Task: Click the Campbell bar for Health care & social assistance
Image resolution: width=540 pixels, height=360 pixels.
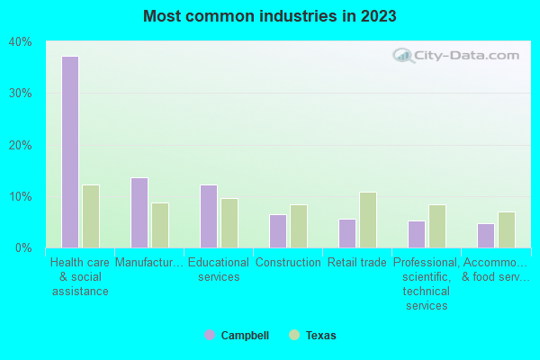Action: click(x=70, y=152)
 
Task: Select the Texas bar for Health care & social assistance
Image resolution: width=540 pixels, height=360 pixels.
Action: click(x=91, y=216)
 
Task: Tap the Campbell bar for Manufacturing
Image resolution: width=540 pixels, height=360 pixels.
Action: click(x=139, y=212)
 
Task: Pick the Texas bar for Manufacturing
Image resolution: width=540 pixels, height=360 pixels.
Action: click(x=160, y=225)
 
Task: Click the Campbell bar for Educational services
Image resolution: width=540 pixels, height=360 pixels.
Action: click(x=209, y=216)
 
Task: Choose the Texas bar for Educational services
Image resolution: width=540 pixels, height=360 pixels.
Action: click(x=229, y=223)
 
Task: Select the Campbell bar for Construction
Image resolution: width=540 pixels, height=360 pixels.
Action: click(x=278, y=231)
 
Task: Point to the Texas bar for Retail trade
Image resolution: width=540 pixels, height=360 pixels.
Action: click(x=368, y=220)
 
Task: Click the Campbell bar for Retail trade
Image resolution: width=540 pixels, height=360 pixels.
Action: click(x=347, y=233)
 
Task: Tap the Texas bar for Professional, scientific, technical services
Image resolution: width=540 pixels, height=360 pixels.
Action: click(x=437, y=226)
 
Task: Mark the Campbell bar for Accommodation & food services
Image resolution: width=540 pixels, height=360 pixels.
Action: click(x=486, y=236)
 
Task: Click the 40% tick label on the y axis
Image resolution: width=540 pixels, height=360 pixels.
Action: click(x=21, y=42)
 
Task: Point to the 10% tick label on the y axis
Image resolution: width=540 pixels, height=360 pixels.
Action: click(x=21, y=196)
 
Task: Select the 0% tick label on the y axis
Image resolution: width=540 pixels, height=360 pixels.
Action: click(x=23, y=247)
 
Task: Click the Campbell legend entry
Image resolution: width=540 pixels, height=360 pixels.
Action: click(x=237, y=336)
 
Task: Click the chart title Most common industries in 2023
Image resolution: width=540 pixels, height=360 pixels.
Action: click(x=269, y=16)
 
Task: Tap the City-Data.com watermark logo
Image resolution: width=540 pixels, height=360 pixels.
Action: click(x=457, y=56)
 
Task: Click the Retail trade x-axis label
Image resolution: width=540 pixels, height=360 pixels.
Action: click(x=357, y=263)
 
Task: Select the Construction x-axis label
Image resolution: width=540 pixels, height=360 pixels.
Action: click(x=288, y=263)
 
